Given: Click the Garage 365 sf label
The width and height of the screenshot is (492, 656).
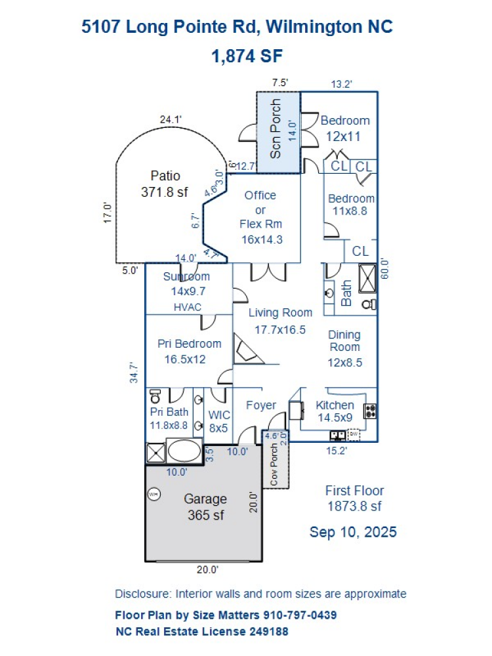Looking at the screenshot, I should click(x=206, y=507).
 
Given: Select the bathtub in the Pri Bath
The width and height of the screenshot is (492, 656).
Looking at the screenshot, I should click(x=184, y=453).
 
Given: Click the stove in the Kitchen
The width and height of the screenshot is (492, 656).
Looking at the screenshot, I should click(x=371, y=411).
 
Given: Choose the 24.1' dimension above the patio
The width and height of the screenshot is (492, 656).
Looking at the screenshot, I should click(x=171, y=119).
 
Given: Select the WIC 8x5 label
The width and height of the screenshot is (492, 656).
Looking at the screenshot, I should click(x=218, y=421).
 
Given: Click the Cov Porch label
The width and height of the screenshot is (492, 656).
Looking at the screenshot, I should click(x=274, y=464).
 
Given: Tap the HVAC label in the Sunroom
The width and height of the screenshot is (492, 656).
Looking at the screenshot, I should click(x=187, y=307).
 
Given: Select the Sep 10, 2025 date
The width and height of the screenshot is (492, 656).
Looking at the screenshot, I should click(x=353, y=531).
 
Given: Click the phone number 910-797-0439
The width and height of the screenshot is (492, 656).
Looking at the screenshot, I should click(x=300, y=615).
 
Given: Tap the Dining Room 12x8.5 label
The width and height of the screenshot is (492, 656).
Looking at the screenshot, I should click(x=344, y=348).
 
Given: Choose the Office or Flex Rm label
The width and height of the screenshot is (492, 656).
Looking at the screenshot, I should click(x=260, y=217).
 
